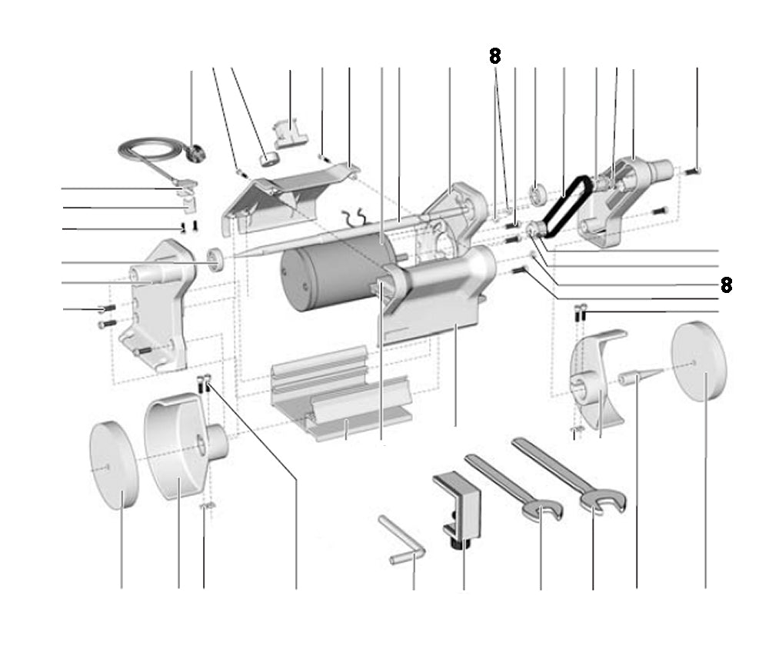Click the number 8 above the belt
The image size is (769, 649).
click(494, 55)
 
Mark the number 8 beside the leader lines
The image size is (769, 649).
click(726, 285)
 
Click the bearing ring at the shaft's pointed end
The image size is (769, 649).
click(218, 260)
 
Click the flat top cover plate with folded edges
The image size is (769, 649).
click(289, 189)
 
